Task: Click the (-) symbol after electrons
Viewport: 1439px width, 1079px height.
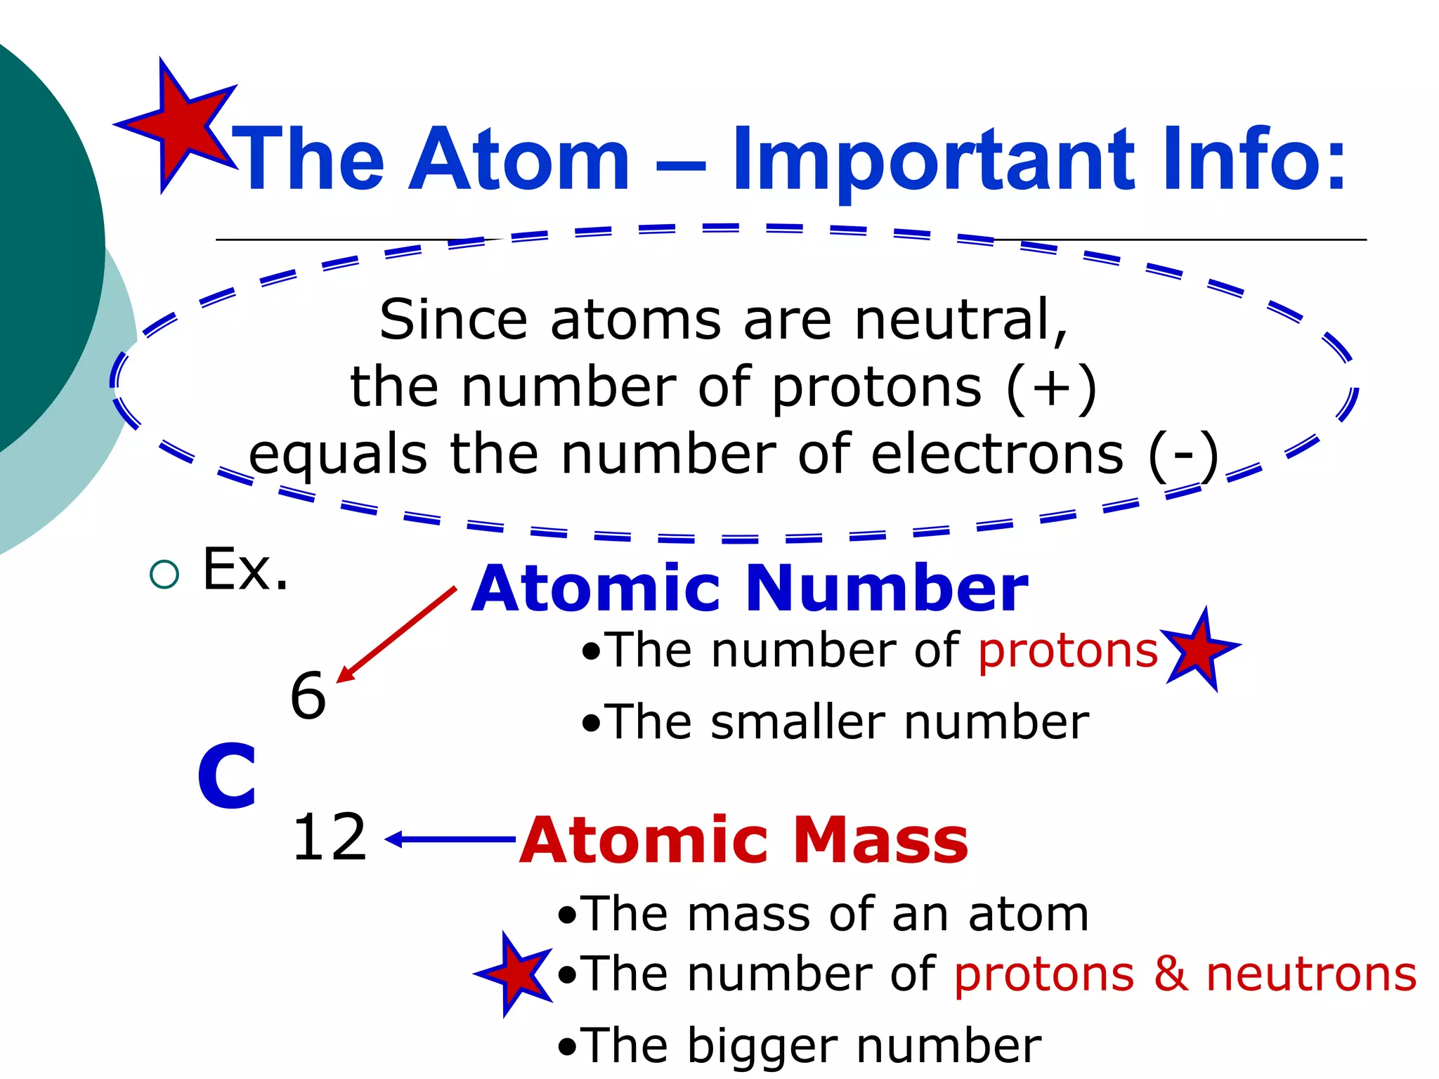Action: coord(1183,455)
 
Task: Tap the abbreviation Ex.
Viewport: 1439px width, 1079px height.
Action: coord(245,570)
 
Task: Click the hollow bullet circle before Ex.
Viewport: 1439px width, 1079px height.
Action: coord(164,575)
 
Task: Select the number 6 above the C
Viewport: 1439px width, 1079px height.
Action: coord(308,695)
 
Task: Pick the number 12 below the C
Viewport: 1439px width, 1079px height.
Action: coord(329,837)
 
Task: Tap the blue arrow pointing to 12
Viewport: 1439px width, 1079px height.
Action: coord(450,839)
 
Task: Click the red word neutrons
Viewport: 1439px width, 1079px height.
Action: coord(1311,974)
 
